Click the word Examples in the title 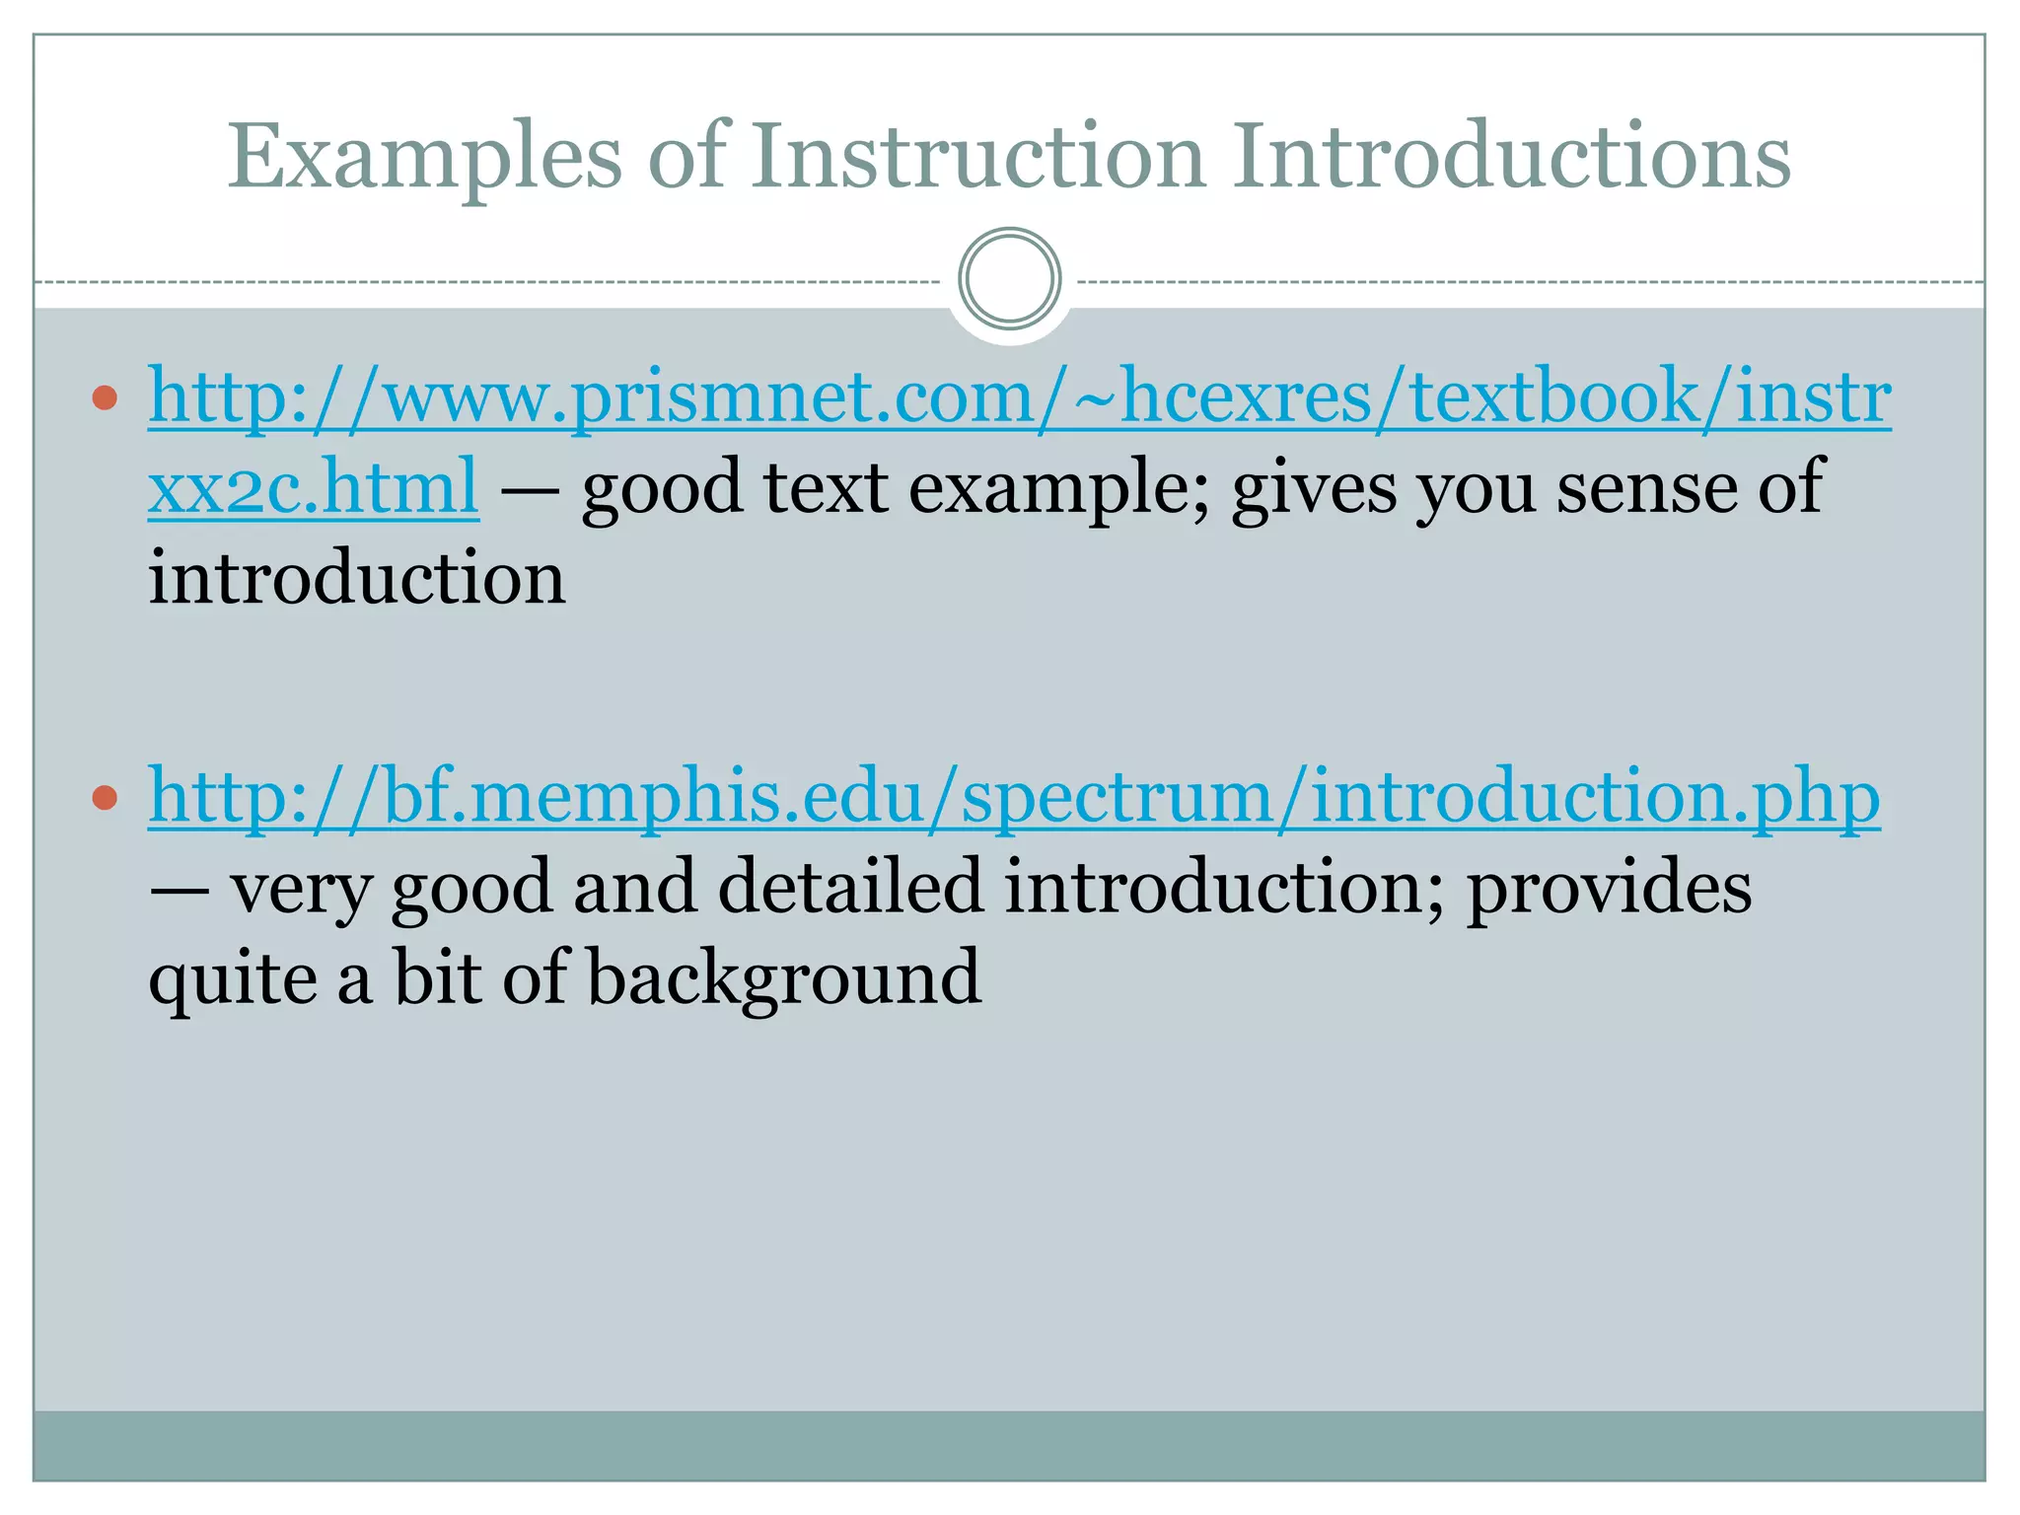425,158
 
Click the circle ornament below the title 1009,279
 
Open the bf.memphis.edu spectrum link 1014,797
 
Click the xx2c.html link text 314,487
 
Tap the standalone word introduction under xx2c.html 357,578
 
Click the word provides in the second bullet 1609,888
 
